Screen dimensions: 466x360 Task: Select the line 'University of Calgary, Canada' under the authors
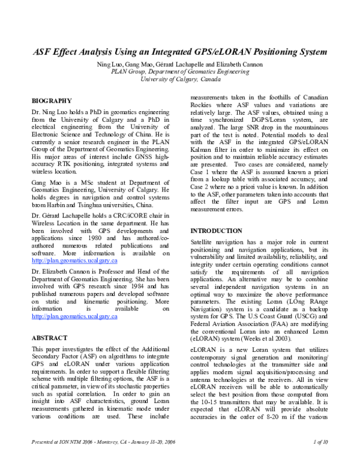coord(180,79)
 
